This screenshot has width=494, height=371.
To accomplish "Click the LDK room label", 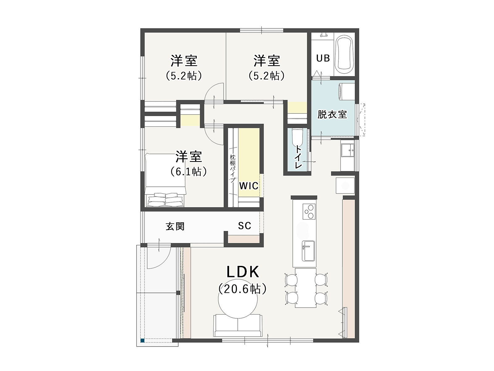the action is [x=243, y=272].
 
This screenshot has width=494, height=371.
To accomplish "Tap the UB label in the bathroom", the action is [x=323, y=58].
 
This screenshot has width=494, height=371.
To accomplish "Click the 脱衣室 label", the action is [x=332, y=114].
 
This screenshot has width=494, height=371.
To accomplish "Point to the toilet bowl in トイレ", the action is [x=297, y=138].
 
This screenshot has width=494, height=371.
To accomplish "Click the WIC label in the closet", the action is [x=249, y=186].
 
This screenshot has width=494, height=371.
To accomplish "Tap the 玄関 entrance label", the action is [x=175, y=226].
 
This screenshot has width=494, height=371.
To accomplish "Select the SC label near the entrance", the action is [x=245, y=225].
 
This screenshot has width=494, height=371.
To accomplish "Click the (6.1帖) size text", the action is [x=189, y=172].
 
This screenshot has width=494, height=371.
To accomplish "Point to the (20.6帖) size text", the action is [x=243, y=289].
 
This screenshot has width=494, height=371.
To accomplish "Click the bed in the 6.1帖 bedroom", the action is [x=165, y=180].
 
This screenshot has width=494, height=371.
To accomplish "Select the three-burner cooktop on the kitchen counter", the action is [x=309, y=211].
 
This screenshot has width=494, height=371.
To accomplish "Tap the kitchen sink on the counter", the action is [x=308, y=251].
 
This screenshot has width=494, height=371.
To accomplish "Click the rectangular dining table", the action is [x=306, y=288].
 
